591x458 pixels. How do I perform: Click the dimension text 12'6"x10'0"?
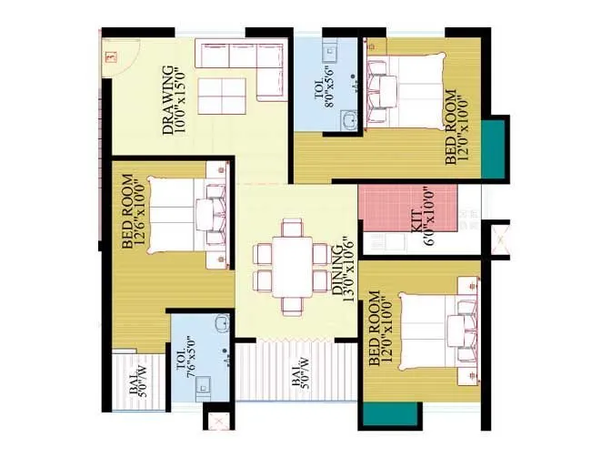click(137, 213)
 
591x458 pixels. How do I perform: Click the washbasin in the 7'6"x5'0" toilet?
click(221, 325)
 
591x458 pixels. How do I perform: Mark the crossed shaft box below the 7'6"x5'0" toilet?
click(218, 423)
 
